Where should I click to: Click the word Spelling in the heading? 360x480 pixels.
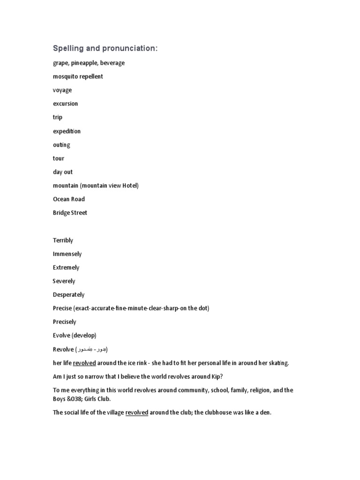point(67,49)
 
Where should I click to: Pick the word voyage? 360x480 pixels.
point(62,90)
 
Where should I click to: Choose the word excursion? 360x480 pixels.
point(66,104)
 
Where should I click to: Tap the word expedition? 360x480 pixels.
point(67,131)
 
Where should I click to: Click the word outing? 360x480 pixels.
point(61,145)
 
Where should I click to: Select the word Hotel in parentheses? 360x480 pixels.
point(130,186)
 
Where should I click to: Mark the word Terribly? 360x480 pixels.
point(63,240)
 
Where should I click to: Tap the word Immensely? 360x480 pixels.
point(67,254)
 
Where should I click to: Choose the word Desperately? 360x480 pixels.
point(69,295)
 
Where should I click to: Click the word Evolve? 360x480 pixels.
point(62,336)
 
